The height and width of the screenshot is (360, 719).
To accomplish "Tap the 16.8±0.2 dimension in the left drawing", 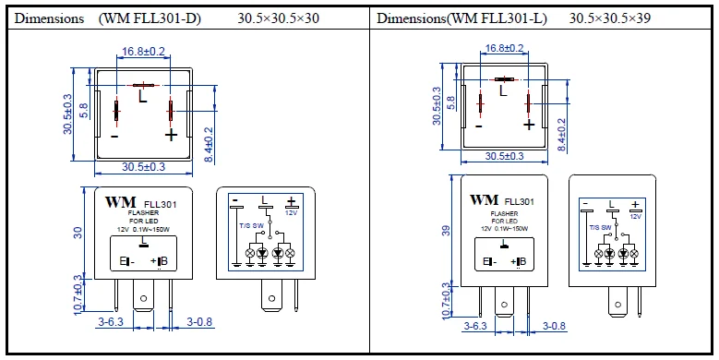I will click(143, 52).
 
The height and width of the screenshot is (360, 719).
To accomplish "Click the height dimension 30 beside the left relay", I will click(79, 234).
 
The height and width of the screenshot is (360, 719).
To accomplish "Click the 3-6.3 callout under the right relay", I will click(474, 327).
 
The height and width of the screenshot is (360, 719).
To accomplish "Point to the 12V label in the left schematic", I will click(291, 212).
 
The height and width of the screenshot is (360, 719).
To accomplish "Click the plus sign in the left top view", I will click(170, 136).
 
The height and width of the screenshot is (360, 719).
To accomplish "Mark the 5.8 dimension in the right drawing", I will click(451, 101).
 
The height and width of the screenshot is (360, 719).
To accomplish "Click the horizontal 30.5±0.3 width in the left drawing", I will click(143, 167).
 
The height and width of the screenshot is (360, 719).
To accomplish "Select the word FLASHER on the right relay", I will click(504, 212).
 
